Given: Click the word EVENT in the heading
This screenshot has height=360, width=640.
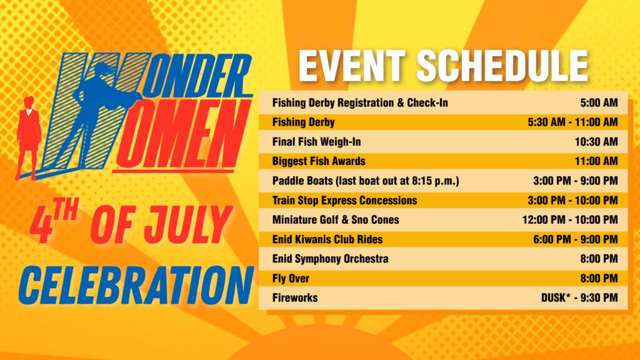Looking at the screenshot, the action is pos(352,66).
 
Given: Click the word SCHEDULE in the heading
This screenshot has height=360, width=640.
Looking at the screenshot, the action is pos(502,66).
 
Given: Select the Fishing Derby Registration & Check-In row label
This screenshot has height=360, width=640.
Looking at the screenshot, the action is pos(360,102).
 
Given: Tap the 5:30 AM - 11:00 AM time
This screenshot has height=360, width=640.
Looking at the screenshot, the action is pos(572,122).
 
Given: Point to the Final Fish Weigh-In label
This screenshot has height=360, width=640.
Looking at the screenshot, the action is pos(317,142).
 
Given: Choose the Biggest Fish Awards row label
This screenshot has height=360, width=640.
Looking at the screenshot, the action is pos(319,161).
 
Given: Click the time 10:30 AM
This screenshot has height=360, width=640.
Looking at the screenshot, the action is pos(596,142).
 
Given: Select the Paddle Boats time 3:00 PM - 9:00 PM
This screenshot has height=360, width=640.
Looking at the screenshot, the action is pos(576,181).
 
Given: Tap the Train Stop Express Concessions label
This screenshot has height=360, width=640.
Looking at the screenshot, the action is pos(345,201).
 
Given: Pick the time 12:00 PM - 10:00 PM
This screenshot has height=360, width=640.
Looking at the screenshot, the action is pos(570,220).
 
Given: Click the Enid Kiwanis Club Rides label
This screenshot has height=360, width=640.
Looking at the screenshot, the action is pos(327,239).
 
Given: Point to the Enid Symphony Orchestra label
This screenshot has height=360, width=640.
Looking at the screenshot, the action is pos(330,259).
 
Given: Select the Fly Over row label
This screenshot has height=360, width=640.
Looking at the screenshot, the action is pos(291,278).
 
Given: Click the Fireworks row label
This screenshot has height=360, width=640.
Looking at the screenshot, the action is pos(295,297).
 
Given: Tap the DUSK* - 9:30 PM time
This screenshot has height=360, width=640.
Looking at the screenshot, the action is pos(579,297).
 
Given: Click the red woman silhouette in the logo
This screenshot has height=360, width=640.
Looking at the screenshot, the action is pos(29,137).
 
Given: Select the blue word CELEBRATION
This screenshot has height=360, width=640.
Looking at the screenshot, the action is pos(136,286).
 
